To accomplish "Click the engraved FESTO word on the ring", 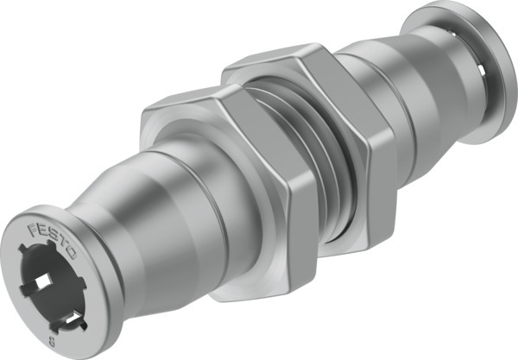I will pos(54,243).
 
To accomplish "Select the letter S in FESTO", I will pos(54,243).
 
